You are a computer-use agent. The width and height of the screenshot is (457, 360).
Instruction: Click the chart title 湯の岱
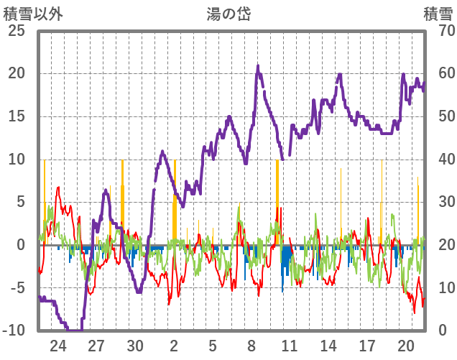[228, 13]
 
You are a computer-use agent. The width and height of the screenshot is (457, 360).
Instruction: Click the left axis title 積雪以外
[34, 13]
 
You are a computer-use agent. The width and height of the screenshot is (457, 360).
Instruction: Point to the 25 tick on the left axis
[16, 31]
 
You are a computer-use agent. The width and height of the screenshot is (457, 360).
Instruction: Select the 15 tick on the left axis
[16, 116]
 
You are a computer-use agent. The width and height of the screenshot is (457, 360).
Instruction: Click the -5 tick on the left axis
[16, 287]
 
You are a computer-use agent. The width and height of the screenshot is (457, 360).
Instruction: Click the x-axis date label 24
[58, 345]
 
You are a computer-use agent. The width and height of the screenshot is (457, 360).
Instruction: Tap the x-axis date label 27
[97, 345]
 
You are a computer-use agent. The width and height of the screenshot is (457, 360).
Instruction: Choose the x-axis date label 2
[174, 345]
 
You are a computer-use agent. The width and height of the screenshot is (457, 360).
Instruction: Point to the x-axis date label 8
[251, 345]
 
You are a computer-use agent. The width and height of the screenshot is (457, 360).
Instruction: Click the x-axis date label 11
[290, 345]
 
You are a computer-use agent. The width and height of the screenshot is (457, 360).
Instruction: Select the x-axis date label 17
[366, 345]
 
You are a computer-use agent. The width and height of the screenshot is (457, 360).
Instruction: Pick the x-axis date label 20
[405, 345]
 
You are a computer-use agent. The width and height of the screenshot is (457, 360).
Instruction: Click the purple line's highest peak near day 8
[258, 66]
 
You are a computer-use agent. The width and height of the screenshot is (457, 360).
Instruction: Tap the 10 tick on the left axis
[16, 159]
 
